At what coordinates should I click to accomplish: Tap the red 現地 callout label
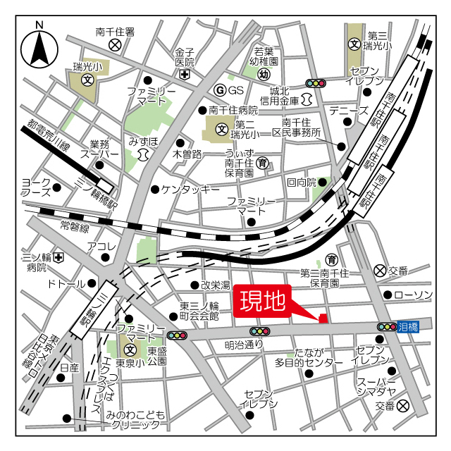(262, 302)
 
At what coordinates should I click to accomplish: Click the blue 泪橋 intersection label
(408, 326)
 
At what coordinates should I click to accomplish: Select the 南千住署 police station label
(116, 32)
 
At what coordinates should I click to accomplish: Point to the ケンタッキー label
(190, 190)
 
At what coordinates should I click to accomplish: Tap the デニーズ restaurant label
(348, 111)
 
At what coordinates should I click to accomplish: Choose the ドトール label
(65, 284)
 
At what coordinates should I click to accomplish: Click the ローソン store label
(413, 295)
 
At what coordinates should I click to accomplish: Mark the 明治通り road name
(244, 345)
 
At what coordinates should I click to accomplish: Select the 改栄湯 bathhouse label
(215, 285)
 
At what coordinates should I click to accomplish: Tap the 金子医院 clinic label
(185, 57)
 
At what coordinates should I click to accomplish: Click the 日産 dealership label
(69, 368)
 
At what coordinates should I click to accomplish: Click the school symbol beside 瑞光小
(87, 80)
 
